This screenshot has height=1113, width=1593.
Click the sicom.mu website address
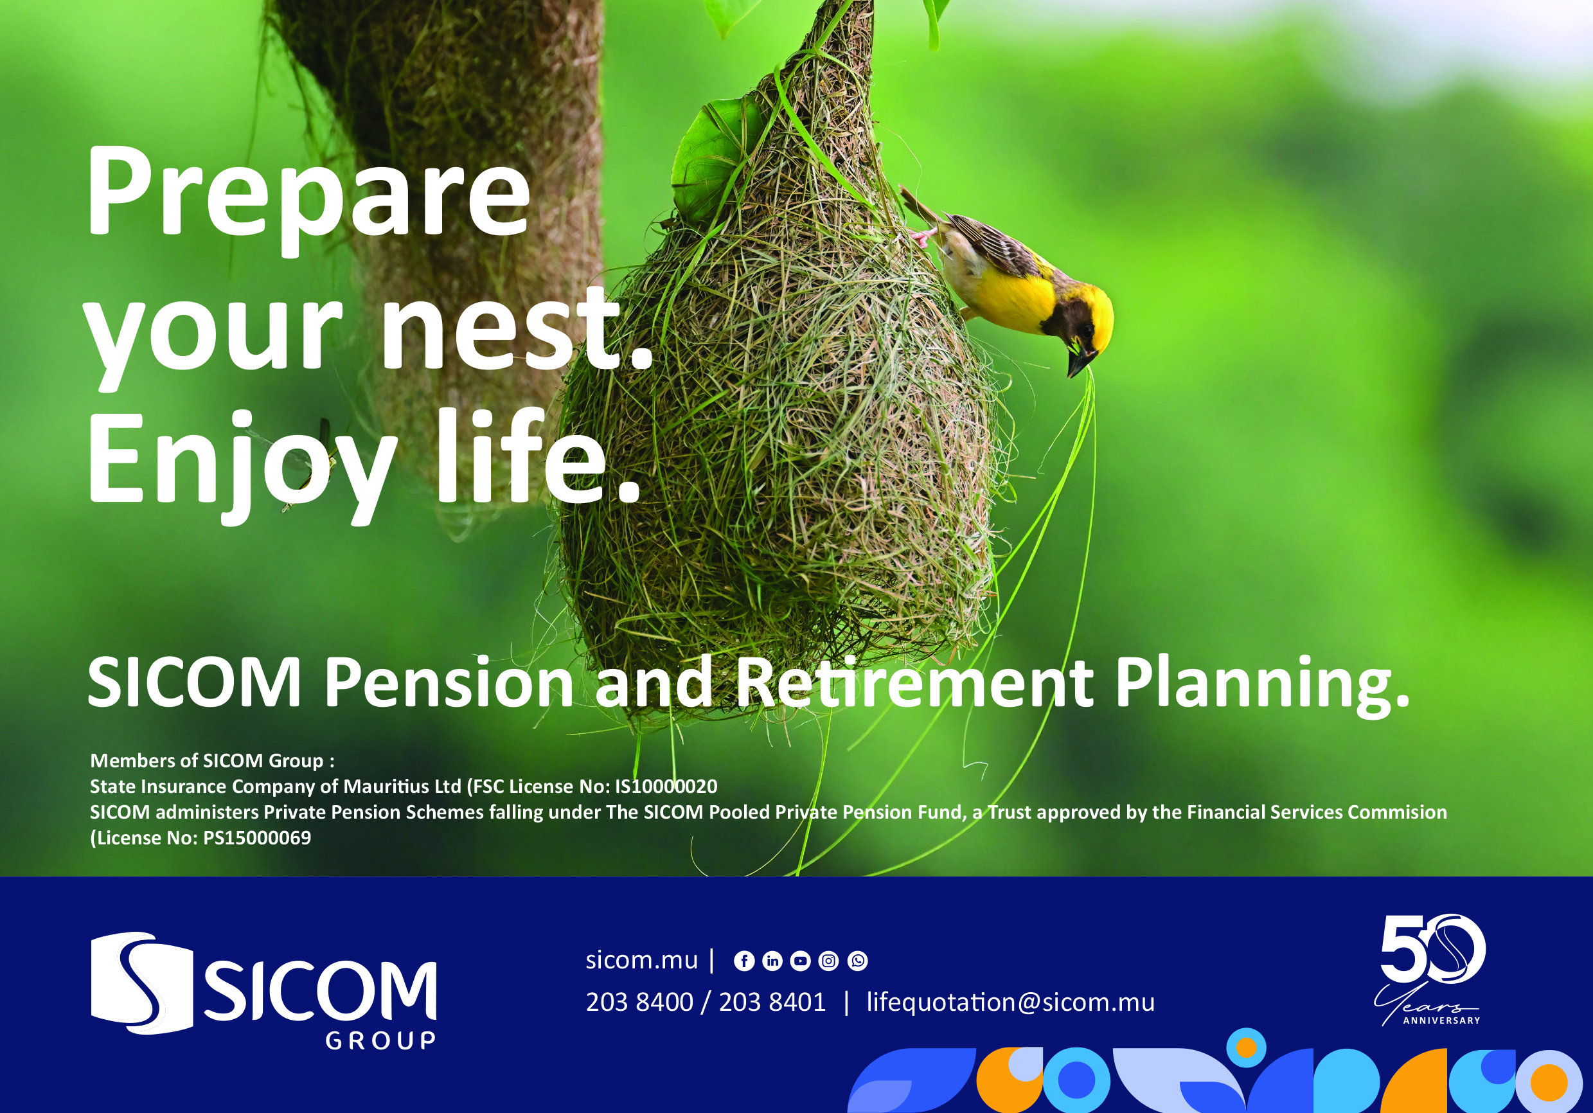click(642, 960)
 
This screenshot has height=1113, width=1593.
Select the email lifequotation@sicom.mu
click(1011, 1002)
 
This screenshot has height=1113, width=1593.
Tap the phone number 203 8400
click(639, 1002)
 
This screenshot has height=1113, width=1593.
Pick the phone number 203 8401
click(772, 1002)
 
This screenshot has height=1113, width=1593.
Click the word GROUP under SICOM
click(381, 1041)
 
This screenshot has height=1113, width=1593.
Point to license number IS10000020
click(666, 786)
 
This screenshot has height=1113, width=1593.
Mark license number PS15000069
click(256, 837)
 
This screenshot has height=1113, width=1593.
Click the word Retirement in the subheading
click(914, 683)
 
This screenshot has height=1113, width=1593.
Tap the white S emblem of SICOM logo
click(141, 983)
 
